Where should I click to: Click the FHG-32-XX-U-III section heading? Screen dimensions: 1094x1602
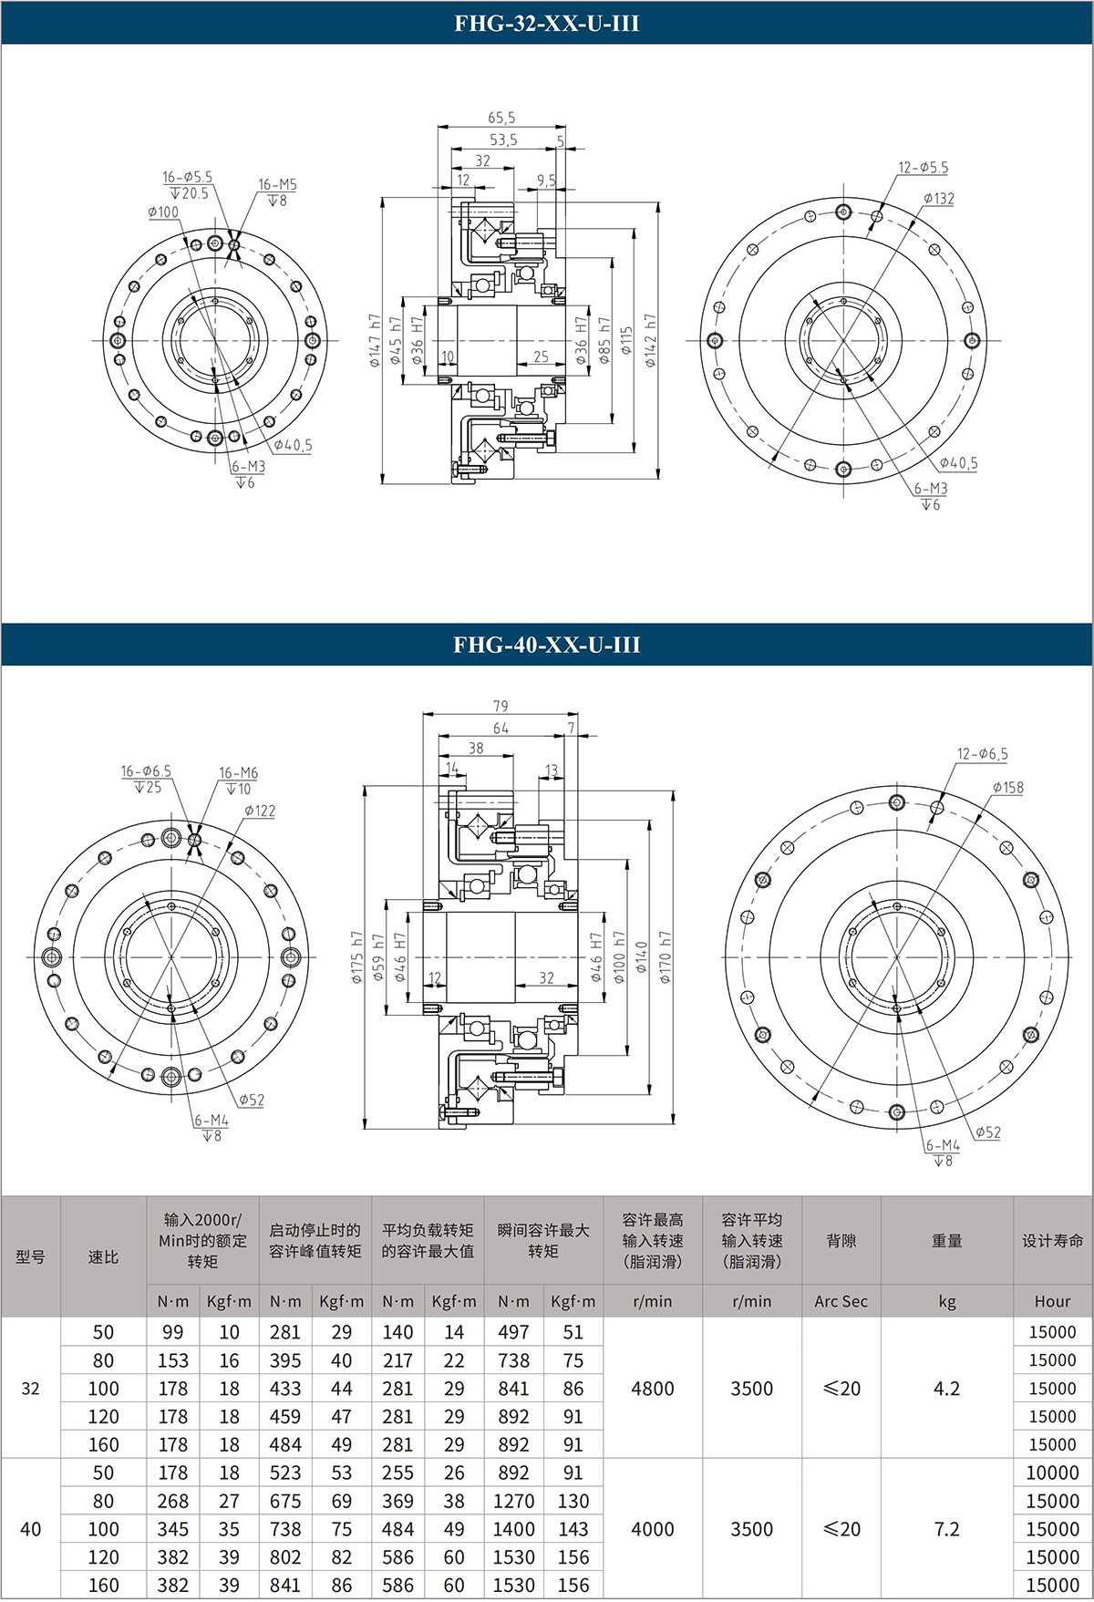(547, 23)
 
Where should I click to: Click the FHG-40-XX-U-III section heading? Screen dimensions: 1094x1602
(547, 645)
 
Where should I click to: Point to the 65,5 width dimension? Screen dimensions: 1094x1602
(501, 118)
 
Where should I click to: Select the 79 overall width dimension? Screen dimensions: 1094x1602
(501, 706)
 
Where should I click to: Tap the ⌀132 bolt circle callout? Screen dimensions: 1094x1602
(938, 198)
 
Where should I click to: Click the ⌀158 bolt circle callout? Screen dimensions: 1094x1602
(1007, 787)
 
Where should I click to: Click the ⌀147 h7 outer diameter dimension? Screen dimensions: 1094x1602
(374, 340)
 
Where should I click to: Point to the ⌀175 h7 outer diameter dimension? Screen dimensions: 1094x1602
(356, 957)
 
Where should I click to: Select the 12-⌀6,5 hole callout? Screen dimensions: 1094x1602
(983, 754)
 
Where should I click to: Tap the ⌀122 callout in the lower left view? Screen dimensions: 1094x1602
(260, 811)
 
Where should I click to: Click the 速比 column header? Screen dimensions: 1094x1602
(103, 1256)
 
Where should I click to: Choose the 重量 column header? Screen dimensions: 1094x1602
(947, 1241)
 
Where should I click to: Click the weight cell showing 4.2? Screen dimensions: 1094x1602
(947, 1388)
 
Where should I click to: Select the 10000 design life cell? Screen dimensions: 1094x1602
(1052, 1473)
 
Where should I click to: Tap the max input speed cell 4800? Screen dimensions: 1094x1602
(653, 1388)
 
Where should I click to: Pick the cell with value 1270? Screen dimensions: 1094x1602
(514, 1501)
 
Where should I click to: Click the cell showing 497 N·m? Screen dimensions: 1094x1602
(514, 1332)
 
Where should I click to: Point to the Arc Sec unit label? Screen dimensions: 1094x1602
(841, 1301)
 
